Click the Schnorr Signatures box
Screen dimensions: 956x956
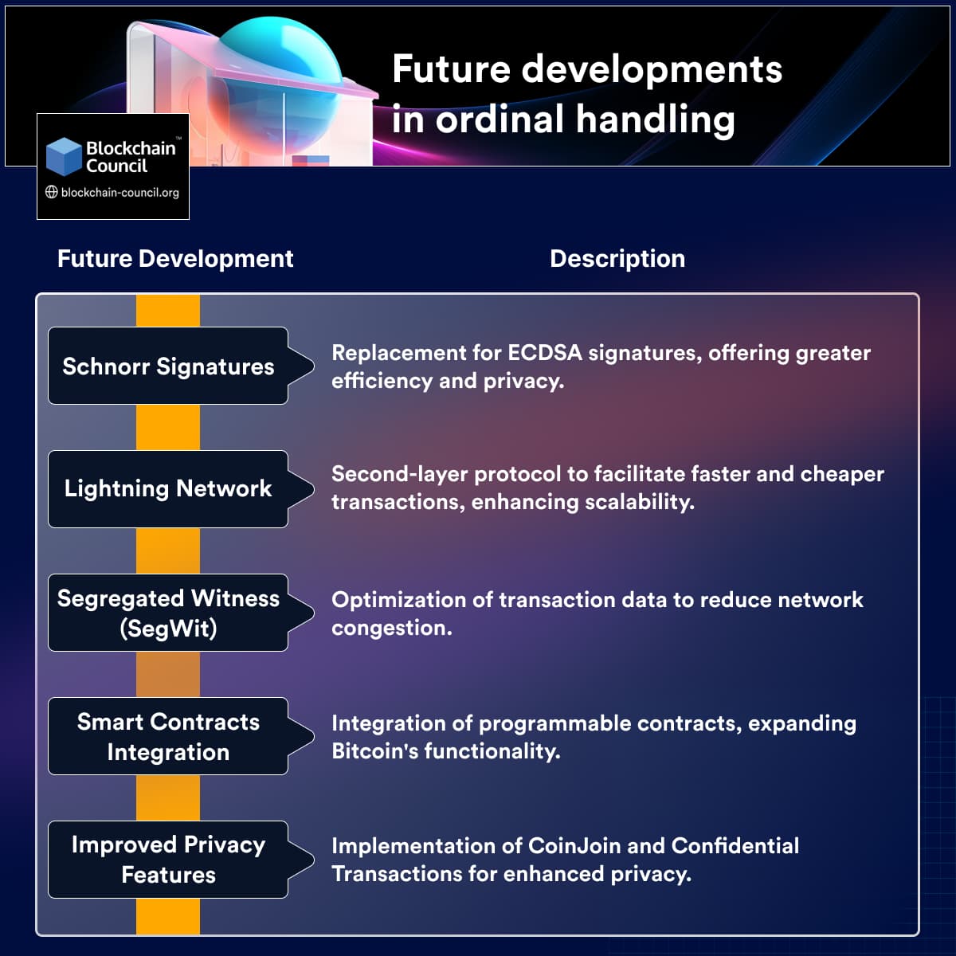[x=168, y=366]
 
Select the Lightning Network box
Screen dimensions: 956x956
[x=168, y=488]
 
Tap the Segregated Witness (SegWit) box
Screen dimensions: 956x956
[x=168, y=613]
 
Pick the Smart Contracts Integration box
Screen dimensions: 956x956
[x=168, y=736]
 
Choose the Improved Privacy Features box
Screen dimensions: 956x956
[x=168, y=860]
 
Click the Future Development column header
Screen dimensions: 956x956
[x=175, y=259]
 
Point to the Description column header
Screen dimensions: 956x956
[x=617, y=259]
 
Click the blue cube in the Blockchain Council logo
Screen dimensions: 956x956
[x=64, y=157]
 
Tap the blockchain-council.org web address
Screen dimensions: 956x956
[x=119, y=193]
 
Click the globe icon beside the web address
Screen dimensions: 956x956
[x=52, y=192]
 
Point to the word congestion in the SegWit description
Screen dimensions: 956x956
[x=390, y=629]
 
